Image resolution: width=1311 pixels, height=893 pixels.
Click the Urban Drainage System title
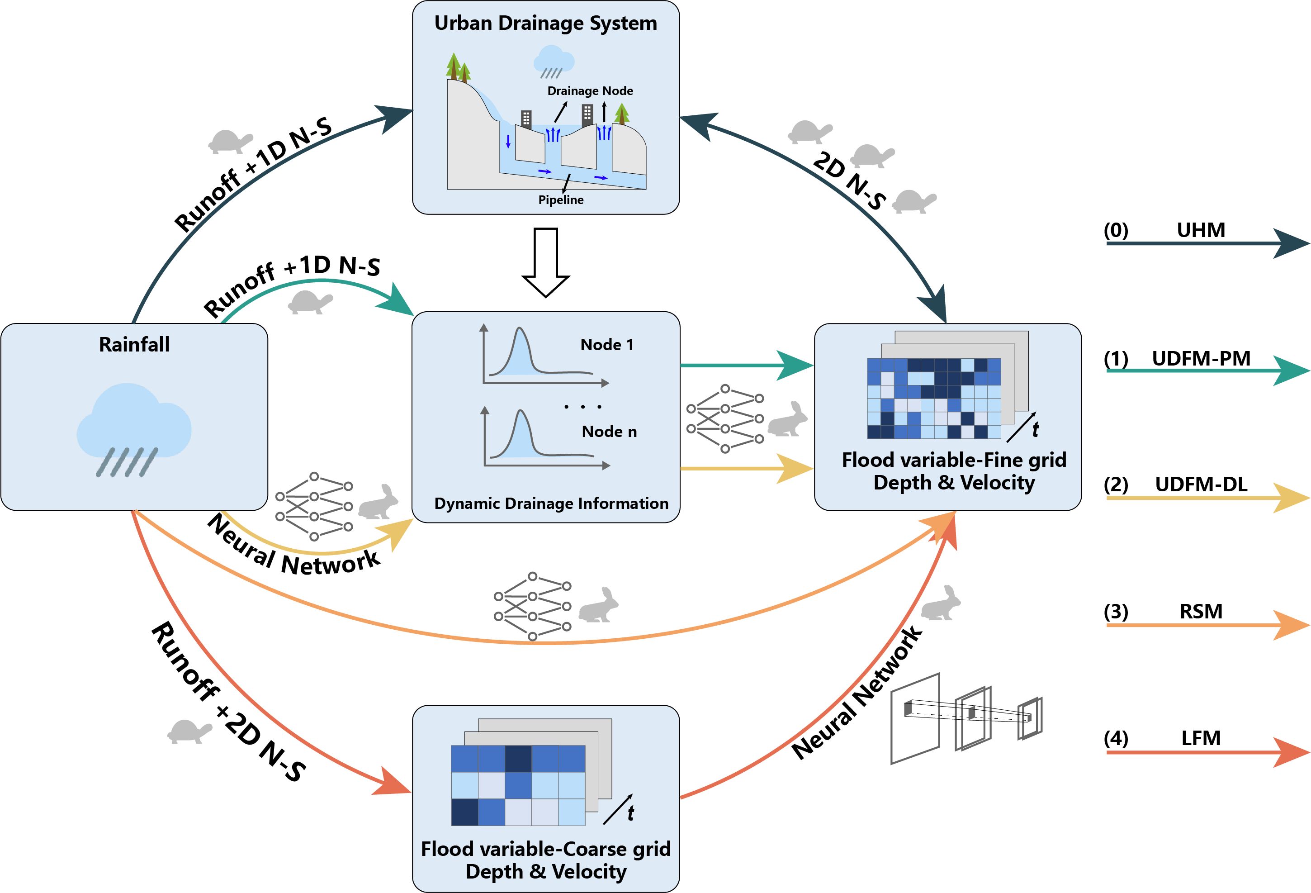pos(545,23)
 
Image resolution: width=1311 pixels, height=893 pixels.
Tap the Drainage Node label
pos(590,91)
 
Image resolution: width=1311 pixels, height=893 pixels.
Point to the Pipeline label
pos(561,200)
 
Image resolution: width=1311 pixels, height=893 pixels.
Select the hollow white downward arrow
pos(545,262)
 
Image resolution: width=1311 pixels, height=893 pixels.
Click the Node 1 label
pos(607,344)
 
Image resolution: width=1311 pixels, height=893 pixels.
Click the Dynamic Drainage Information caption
pos(551,503)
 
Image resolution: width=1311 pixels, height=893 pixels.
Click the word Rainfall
pos(134,344)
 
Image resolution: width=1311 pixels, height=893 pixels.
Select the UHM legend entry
pos(1201,230)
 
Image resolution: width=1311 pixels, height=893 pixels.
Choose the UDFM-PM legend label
pos(1201,358)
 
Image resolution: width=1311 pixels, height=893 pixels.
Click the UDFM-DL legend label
pos(1201,484)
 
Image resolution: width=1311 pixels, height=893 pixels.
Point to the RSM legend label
pos(1201,611)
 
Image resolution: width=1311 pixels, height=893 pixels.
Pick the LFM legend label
pos(1201,738)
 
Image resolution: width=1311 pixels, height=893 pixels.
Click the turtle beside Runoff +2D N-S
pos(189,731)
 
